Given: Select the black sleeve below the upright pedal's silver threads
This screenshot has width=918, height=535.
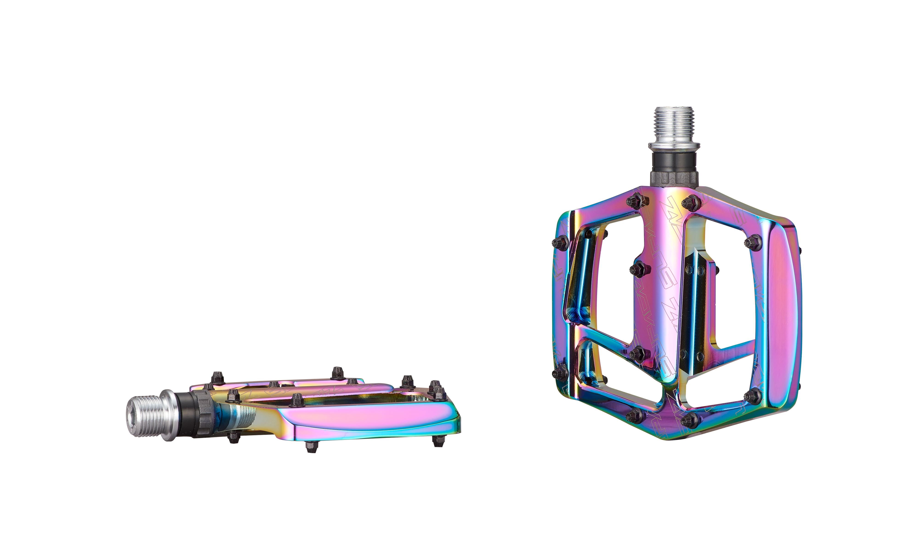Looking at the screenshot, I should [674, 162].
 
